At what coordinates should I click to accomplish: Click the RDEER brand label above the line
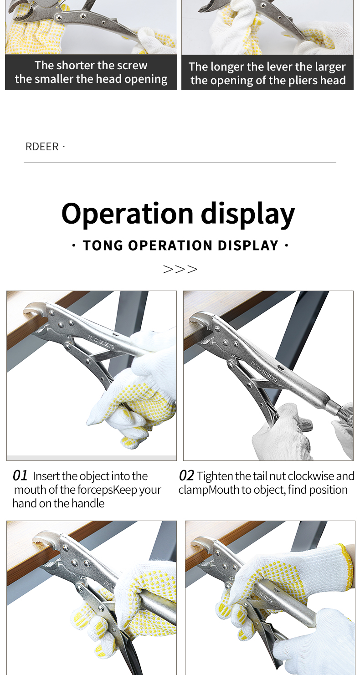click(x=42, y=147)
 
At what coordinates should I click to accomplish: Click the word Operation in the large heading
click(x=127, y=213)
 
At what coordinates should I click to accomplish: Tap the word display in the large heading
click(x=248, y=213)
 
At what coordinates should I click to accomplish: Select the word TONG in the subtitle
click(x=103, y=245)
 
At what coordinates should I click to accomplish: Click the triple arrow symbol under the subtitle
click(x=180, y=269)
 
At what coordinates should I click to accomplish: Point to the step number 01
click(x=20, y=476)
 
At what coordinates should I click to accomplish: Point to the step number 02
click(x=186, y=476)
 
